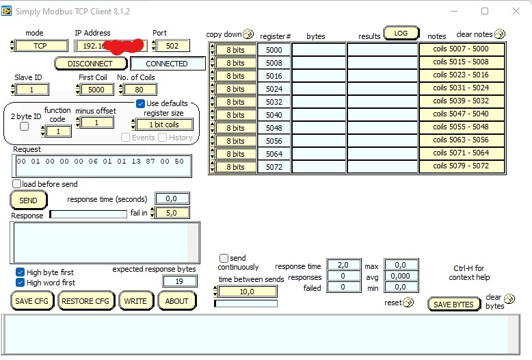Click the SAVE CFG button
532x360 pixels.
coord(32,301)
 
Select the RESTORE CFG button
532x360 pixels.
coord(85,301)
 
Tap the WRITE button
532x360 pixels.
coord(135,301)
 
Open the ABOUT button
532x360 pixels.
coord(177,301)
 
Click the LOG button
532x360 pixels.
coord(401,33)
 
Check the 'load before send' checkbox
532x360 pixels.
coord(17,184)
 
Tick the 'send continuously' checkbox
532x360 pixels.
coord(224,258)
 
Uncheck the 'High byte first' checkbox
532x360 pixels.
coord(21,272)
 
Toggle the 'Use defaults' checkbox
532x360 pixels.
coord(140,103)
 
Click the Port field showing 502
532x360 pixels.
coord(172,46)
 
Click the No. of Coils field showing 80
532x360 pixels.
coord(139,90)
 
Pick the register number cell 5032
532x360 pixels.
coord(274,102)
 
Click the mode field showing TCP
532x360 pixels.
coord(40,46)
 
